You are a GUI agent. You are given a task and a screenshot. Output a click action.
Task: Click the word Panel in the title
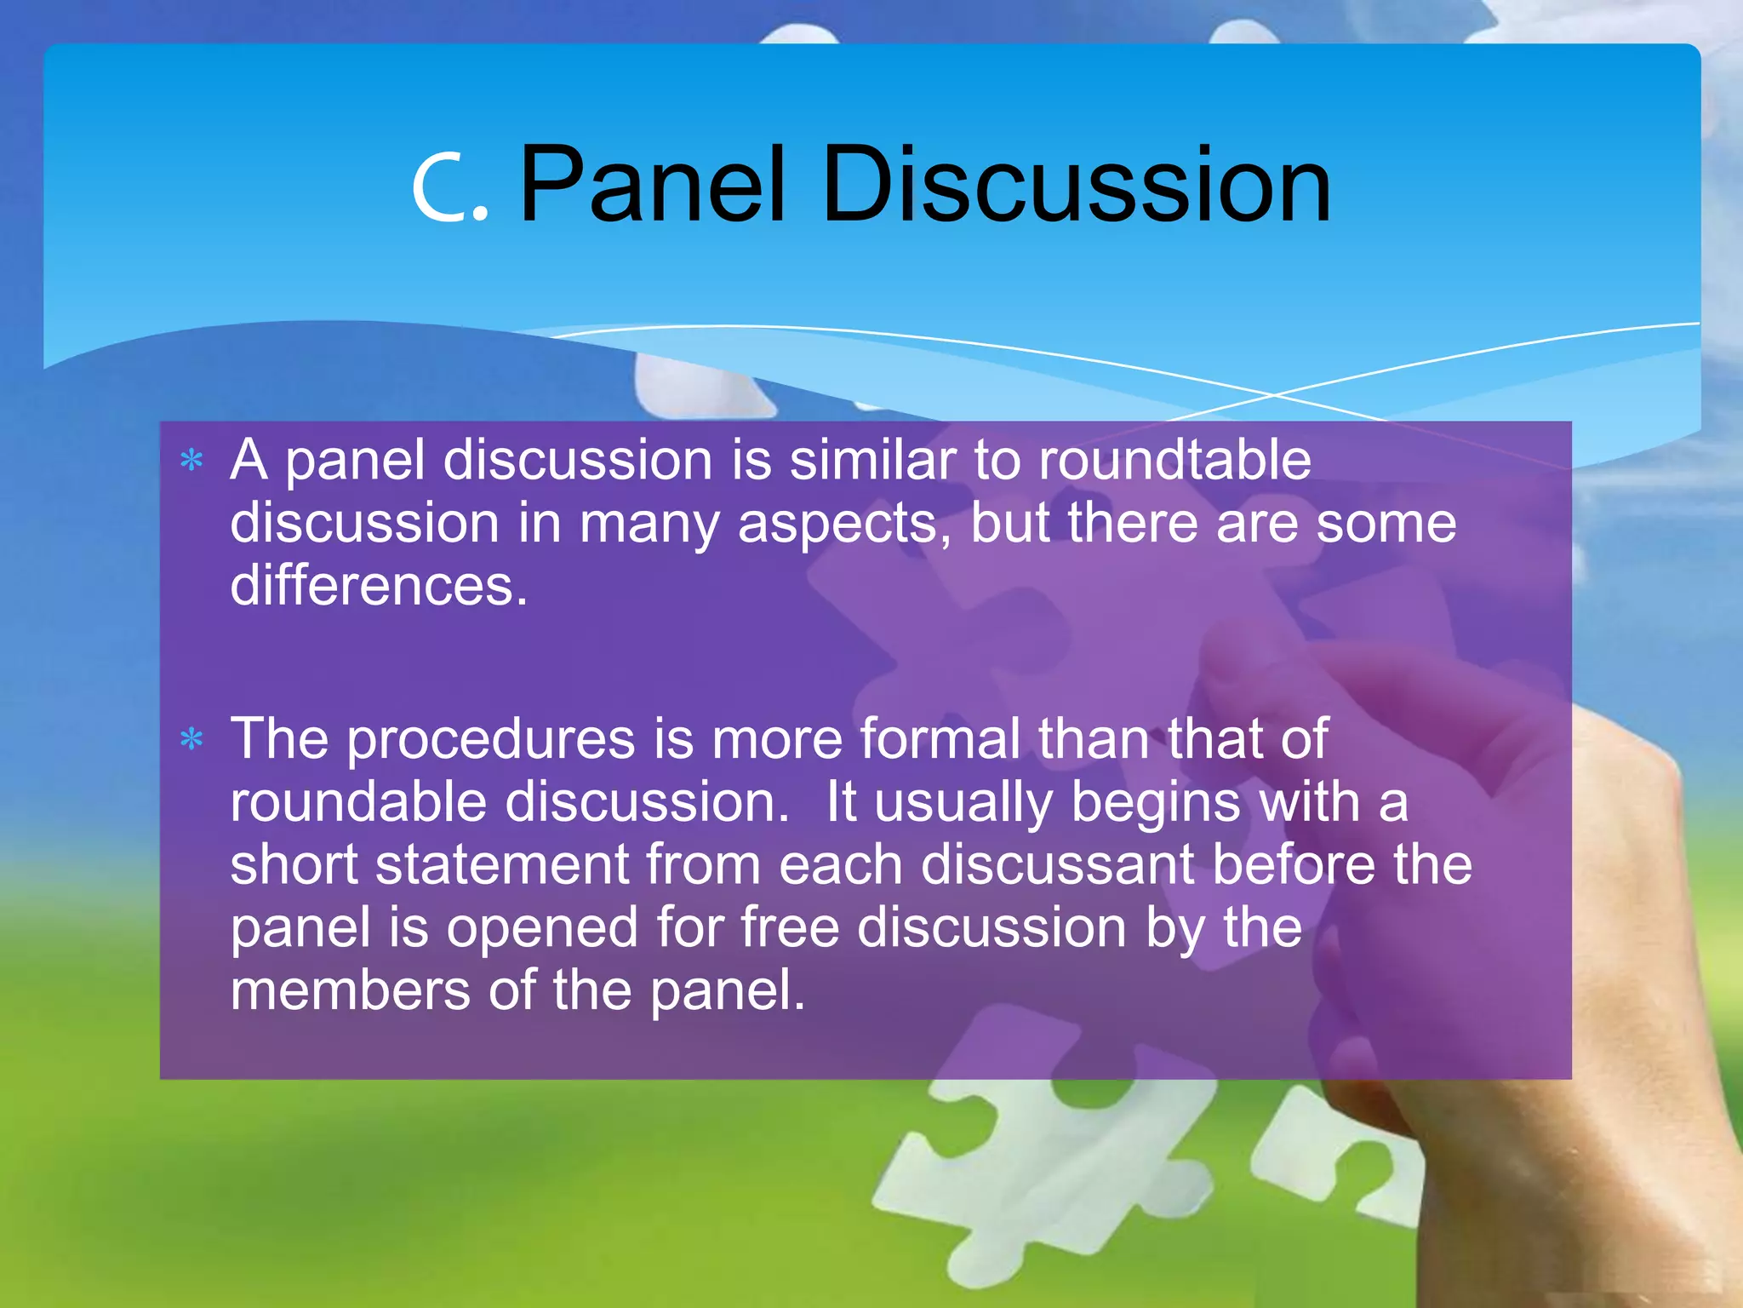[x=652, y=185]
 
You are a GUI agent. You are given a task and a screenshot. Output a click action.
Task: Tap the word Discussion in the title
[x=1076, y=185]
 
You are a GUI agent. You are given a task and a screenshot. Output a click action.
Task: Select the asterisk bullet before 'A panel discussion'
[x=192, y=461]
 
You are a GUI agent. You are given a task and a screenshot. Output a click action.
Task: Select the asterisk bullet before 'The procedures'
[x=192, y=739]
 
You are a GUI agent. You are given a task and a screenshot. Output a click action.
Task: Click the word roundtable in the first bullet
[x=1174, y=460]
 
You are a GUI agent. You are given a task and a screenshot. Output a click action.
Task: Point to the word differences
[x=379, y=586]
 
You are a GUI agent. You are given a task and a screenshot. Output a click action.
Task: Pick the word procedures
[x=491, y=739]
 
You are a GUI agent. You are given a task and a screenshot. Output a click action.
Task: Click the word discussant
[x=1057, y=864]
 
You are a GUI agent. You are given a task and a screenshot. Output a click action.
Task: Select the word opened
[x=543, y=928]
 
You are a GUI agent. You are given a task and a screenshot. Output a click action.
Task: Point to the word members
[x=350, y=990]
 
